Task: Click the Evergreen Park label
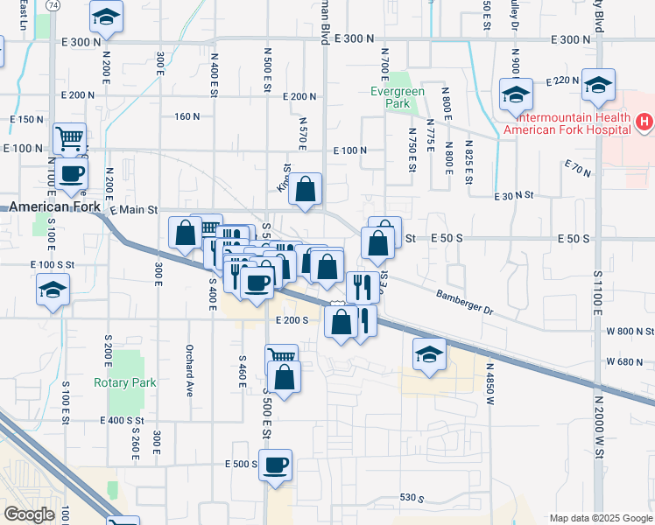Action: tap(391, 97)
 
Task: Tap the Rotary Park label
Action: tap(124, 382)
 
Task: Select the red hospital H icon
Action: tap(644, 121)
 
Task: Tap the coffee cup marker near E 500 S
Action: tap(275, 464)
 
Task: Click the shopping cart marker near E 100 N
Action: tap(69, 138)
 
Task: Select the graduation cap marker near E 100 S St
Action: tap(53, 290)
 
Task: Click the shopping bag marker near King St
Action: tap(305, 188)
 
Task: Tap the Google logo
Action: tap(29, 514)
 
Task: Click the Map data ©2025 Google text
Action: tap(601, 517)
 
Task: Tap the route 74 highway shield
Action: tap(53, 5)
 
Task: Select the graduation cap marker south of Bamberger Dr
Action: tap(428, 353)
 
